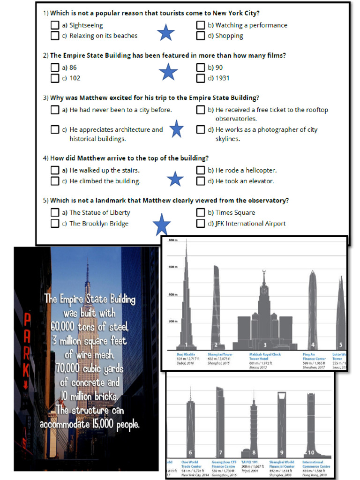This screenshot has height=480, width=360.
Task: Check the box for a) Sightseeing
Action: [x=55, y=25]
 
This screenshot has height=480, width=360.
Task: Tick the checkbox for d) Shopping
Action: [x=201, y=36]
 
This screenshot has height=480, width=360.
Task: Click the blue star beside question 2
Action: [x=168, y=72]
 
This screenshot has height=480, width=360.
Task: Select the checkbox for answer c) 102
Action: [x=55, y=78]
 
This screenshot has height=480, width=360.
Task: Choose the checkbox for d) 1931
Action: [x=201, y=78]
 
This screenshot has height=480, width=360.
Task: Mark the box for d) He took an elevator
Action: [x=201, y=181]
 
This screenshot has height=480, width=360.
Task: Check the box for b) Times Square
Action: [x=201, y=212]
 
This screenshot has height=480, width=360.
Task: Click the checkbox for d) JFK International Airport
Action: [x=201, y=224]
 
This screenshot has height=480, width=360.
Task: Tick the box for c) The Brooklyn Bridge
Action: [x=55, y=224]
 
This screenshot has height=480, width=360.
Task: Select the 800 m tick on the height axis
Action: [x=173, y=240]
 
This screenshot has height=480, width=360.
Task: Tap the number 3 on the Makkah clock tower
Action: [x=264, y=345]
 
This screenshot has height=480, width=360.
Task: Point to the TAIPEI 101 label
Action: [x=250, y=462]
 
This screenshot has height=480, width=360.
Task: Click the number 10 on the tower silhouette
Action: [x=311, y=452]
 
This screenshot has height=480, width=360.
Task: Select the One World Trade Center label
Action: [x=190, y=464]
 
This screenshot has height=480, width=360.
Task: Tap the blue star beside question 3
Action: [x=176, y=129]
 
